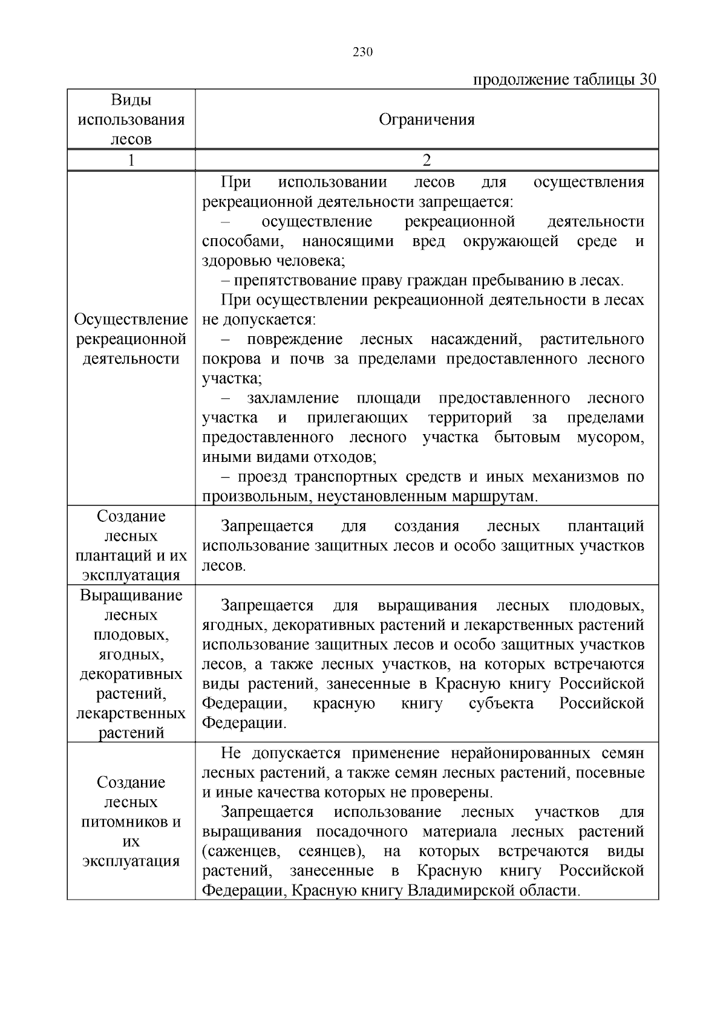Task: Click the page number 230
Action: [x=362, y=52]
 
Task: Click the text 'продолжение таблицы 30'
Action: [x=564, y=80]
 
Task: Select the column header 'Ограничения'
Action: [x=427, y=120]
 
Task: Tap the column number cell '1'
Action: [x=131, y=160]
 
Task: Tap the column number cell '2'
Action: [x=427, y=160]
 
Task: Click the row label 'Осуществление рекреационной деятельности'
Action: [x=131, y=339]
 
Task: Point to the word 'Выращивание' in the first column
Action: [x=131, y=596]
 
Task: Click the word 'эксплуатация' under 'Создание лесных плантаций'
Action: [x=131, y=575]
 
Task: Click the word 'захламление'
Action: [x=293, y=398]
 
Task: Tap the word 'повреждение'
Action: [x=294, y=339]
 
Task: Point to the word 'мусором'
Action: [x=611, y=438]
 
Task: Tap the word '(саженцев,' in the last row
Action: [x=241, y=852]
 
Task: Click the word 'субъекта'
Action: [x=501, y=704]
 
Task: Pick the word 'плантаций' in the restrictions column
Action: [x=606, y=527]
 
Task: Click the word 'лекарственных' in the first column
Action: [x=131, y=713]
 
